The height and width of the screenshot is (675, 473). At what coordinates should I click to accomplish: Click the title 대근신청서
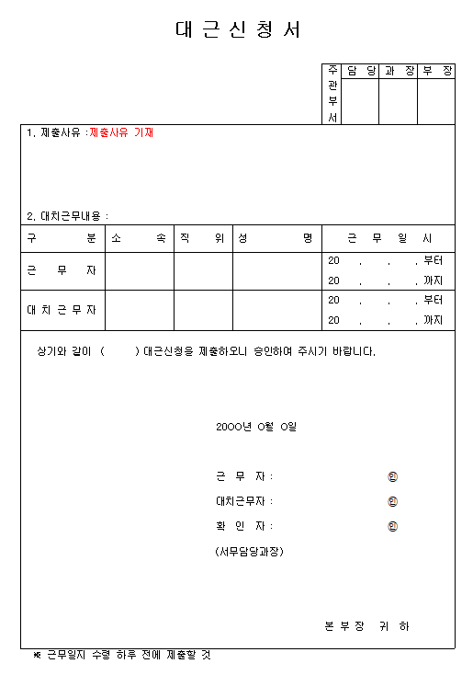pyautogui.click(x=237, y=29)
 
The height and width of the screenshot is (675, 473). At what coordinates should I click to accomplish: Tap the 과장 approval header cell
pyautogui.click(x=399, y=71)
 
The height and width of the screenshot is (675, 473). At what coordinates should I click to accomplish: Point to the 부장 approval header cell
pyautogui.click(x=436, y=71)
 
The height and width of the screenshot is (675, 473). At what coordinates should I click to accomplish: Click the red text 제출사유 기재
pyautogui.click(x=121, y=132)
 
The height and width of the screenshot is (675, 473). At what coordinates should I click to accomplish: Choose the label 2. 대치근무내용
pyautogui.click(x=67, y=216)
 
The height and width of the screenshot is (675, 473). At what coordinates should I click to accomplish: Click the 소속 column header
pyautogui.click(x=140, y=238)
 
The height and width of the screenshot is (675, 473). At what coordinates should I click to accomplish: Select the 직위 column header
pyautogui.click(x=203, y=238)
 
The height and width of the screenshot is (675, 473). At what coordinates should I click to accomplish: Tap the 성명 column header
pyautogui.click(x=276, y=238)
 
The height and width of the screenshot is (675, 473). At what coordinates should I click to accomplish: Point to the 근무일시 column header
pyautogui.click(x=388, y=238)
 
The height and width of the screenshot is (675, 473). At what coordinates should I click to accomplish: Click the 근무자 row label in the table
pyautogui.click(x=62, y=271)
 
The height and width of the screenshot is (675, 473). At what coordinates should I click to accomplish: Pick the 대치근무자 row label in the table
pyautogui.click(x=62, y=310)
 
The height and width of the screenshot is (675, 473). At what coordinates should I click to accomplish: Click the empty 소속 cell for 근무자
pyautogui.click(x=140, y=271)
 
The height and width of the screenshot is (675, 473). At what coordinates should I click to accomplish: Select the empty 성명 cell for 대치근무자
pyautogui.click(x=276, y=310)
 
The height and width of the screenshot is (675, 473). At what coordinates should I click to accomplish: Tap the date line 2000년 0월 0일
pyautogui.click(x=256, y=427)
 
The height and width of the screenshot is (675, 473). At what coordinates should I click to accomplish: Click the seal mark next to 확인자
pyautogui.click(x=393, y=527)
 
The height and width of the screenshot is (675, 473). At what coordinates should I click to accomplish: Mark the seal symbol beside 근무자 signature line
pyautogui.click(x=393, y=476)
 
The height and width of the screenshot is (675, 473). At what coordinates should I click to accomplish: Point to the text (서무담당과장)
pyautogui.click(x=248, y=551)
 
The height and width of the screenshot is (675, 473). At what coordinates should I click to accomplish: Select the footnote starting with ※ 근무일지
pyautogui.click(x=122, y=655)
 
